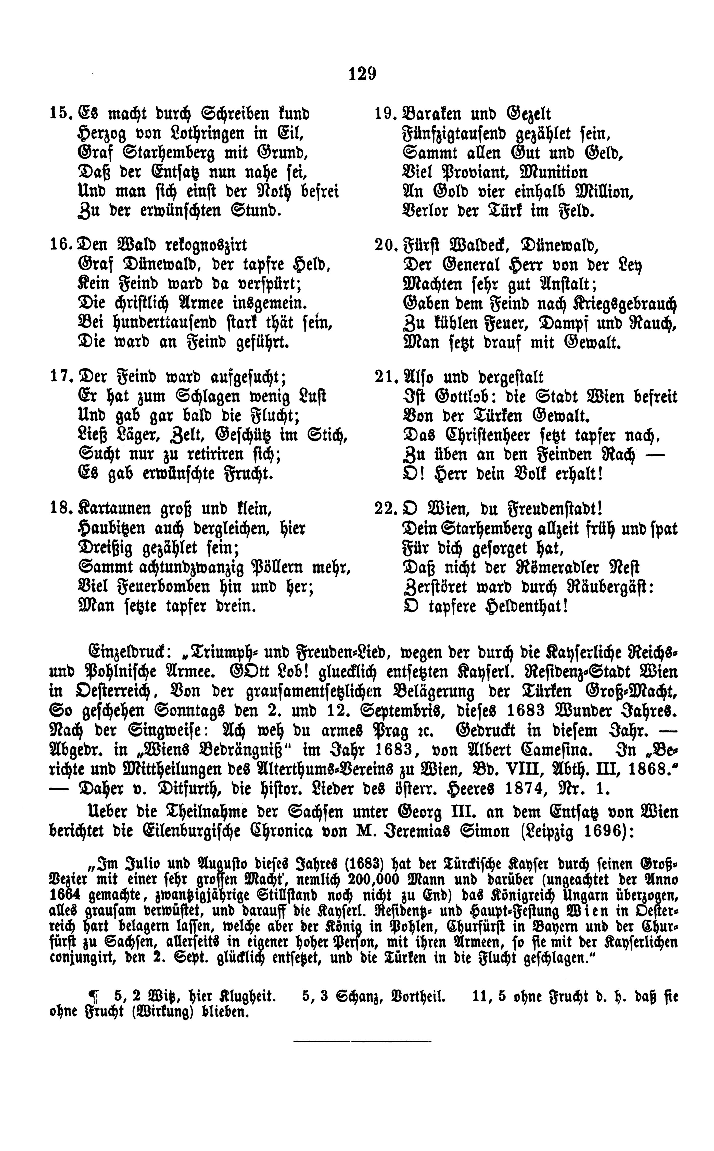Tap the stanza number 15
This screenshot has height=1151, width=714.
60,115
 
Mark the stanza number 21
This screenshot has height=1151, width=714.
385,377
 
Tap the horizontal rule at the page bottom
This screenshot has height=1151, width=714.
363,1041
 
